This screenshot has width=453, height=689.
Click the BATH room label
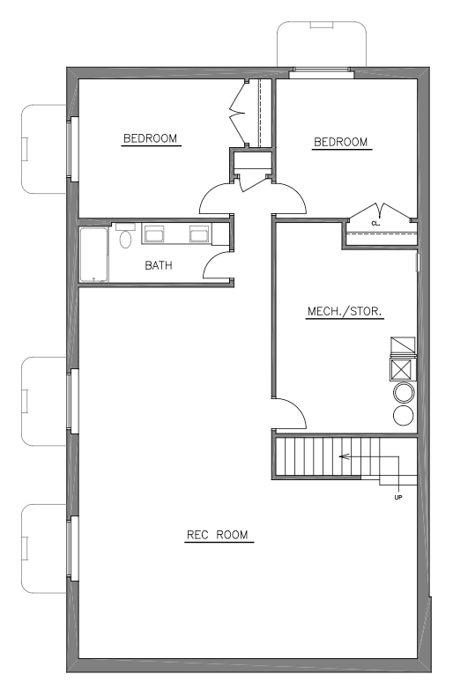[x=159, y=264]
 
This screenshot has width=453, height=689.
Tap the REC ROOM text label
[x=219, y=535]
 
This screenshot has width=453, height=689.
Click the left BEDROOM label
[x=150, y=138]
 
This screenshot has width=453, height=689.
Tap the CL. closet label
[x=375, y=223]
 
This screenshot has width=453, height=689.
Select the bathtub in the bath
[x=93, y=255]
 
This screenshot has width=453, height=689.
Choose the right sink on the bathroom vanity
[x=198, y=234]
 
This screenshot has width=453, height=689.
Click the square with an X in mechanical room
[x=402, y=368]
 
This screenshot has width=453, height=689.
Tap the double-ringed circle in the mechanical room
[x=403, y=394]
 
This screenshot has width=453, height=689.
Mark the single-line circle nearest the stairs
[x=403, y=418]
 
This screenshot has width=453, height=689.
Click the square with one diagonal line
[x=402, y=344]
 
